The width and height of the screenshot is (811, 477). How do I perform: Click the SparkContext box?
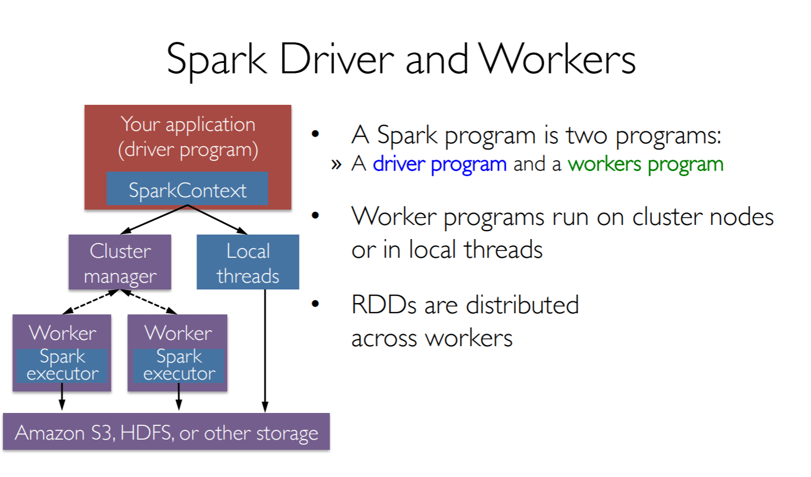pyautogui.click(x=187, y=189)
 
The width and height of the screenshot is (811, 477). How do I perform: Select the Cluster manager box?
pyautogui.click(x=120, y=262)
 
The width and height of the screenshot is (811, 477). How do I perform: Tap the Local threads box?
pyautogui.click(x=247, y=262)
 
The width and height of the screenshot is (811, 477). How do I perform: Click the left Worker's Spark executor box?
pyautogui.click(x=62, y=365)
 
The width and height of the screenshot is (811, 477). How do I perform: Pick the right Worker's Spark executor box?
pyautogui.click(x=179, y=365)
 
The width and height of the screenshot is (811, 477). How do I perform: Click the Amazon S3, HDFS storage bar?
pyautogui.click(x=166, y=432)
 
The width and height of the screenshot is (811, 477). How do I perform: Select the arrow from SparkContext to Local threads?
pyautogui.click(x=217, y=219)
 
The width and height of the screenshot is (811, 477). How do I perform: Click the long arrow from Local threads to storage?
pyautogui.click(x=265, y=351)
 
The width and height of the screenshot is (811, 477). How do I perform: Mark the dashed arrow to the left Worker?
pyautogui.click(x=91, y=301)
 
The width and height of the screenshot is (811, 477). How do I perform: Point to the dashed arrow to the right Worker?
pyautogui.click(x=148, y=301)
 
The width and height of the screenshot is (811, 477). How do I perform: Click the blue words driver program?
pyautogui.click(x=439, y=164)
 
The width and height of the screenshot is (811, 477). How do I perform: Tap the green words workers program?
pyautogui.click(x=645, y=164)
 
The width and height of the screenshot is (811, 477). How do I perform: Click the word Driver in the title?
pyautogui.click(x=336, y=59)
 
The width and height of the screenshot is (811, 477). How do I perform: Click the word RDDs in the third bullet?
pyautogui.click(x=384, y=305)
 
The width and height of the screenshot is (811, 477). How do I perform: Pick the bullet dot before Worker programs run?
pyautogui.click(x=315, y=215)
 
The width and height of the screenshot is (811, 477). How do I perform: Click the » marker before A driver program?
pyautogui.click(x=336, y=165)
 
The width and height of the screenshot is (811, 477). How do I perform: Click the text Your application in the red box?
pyautogui.click(x=188, y=124)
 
